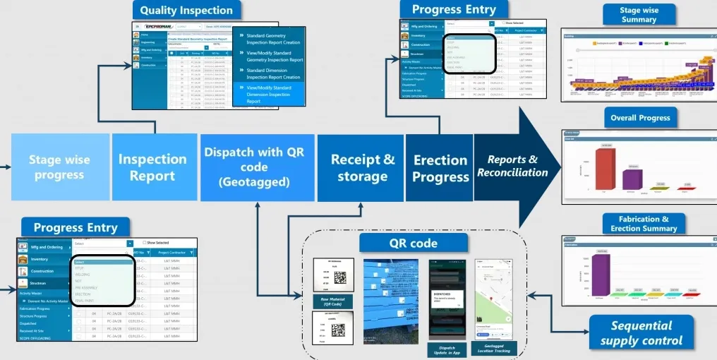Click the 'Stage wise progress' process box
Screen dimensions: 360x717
[59, 167]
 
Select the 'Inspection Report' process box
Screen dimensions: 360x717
[152, 167]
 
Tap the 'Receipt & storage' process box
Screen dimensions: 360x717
[363, 167]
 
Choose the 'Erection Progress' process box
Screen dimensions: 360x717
[440, 168]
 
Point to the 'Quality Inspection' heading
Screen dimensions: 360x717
[186, 11]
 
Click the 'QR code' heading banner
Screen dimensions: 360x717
[413, 244]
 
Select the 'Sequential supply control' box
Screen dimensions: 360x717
[641, 332]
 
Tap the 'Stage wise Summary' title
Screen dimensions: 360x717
[639, 14]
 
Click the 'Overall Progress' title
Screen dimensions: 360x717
[639, 118]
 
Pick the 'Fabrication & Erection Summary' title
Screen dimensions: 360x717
[643, 224]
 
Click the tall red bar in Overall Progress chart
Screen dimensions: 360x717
[605, 169]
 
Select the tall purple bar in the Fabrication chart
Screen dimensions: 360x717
[601, 274]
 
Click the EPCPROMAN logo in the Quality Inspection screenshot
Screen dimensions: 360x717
[154, 26]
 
